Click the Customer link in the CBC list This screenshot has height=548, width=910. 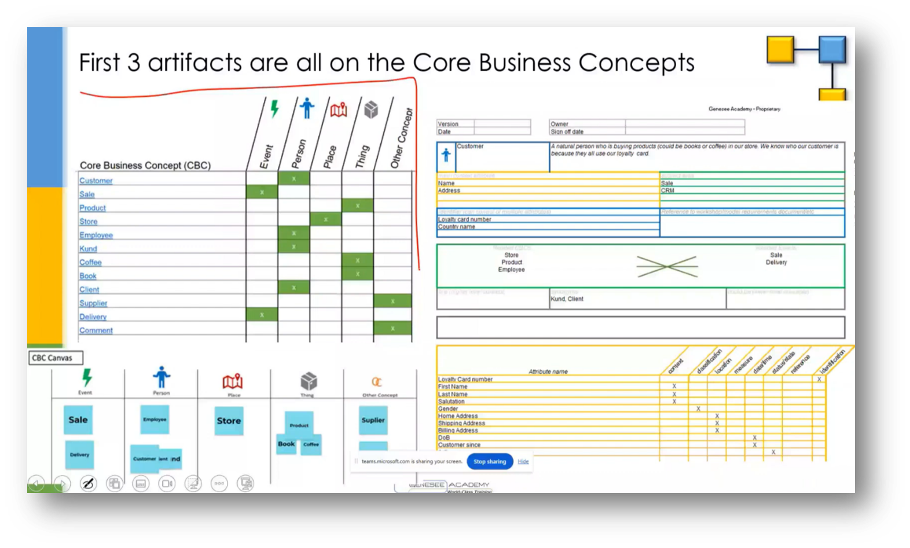(96, 181)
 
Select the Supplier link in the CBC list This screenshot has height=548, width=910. (93, 303)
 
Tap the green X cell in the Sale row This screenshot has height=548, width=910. (262, 192)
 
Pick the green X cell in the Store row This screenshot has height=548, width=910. (325, 219)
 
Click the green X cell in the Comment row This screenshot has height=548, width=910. (392, 328)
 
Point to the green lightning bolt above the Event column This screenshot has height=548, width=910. (274, 108)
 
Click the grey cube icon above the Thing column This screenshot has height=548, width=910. (371, 109)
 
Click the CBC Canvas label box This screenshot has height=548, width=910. (56, 358)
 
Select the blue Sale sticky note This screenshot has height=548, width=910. (78, 420)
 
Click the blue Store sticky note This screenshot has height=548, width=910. (229, 421)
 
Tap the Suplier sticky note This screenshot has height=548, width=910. (373, 420)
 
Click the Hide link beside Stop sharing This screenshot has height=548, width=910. (523, 461)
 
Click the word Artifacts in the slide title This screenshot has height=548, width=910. (195, 62)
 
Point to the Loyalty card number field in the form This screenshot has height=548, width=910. (465, 219)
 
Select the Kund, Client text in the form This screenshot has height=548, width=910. (567, 299)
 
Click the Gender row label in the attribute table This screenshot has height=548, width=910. (448, 409)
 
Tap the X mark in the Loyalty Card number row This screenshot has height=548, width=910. (819, 380)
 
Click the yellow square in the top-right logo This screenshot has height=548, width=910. (780, 50)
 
